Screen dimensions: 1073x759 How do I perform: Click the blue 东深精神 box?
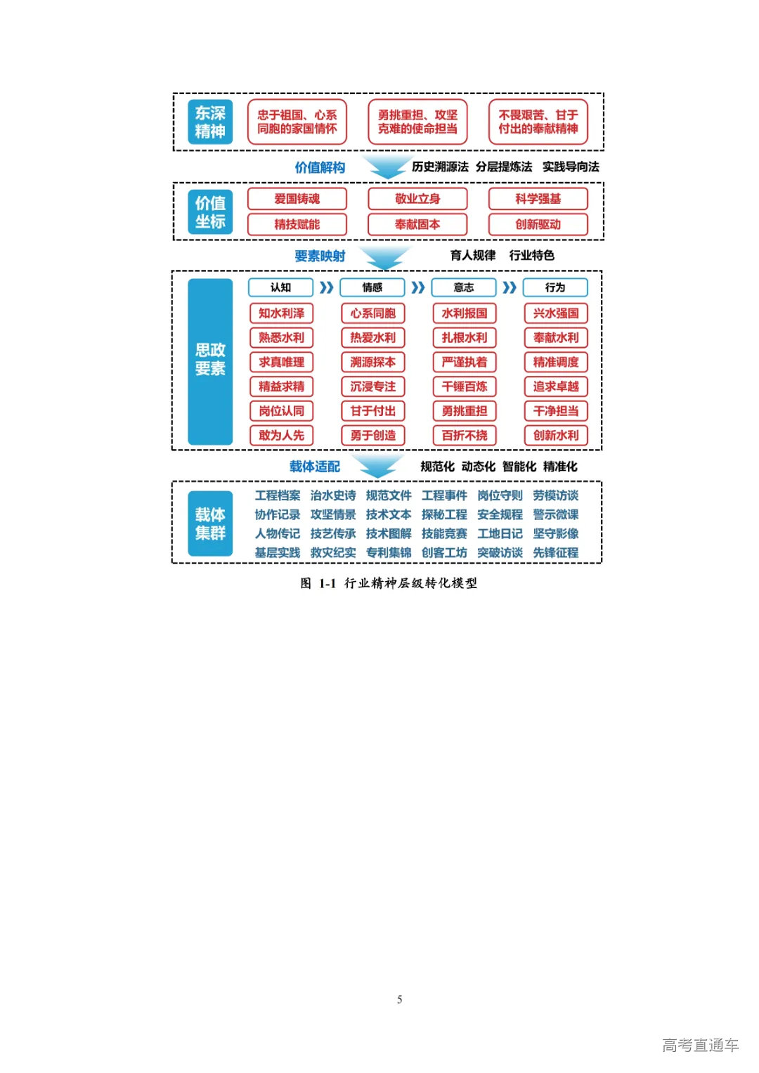pos(210,122)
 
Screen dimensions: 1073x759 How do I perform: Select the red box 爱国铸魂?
pos(297,199)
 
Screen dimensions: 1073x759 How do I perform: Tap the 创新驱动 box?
pos(538,224)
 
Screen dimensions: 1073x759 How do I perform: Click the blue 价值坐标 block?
pos(210,212)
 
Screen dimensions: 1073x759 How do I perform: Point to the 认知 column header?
pos(280,287)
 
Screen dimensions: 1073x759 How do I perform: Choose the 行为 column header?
pos(554,287)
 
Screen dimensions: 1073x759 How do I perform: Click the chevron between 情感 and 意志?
pos(418,287)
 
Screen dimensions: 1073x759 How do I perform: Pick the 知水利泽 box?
pos(281,313)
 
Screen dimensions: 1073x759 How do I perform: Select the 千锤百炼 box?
pos(464,386)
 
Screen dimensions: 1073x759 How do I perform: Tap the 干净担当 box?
pos(555,411)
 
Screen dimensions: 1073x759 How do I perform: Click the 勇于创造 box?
pos(372,435)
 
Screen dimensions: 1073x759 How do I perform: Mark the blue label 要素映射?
pos(320,256)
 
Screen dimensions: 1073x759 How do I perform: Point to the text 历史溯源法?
pos(440,167)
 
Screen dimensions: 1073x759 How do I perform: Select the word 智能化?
pos(519,467)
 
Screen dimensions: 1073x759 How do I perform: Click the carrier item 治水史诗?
pos(333,495)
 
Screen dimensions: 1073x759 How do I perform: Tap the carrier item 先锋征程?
pos(555,553)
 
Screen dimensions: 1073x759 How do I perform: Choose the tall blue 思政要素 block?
pos(210,360)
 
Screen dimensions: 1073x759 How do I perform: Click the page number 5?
pos(399,999)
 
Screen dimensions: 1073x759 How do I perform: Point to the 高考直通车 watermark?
pos(700,1045)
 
